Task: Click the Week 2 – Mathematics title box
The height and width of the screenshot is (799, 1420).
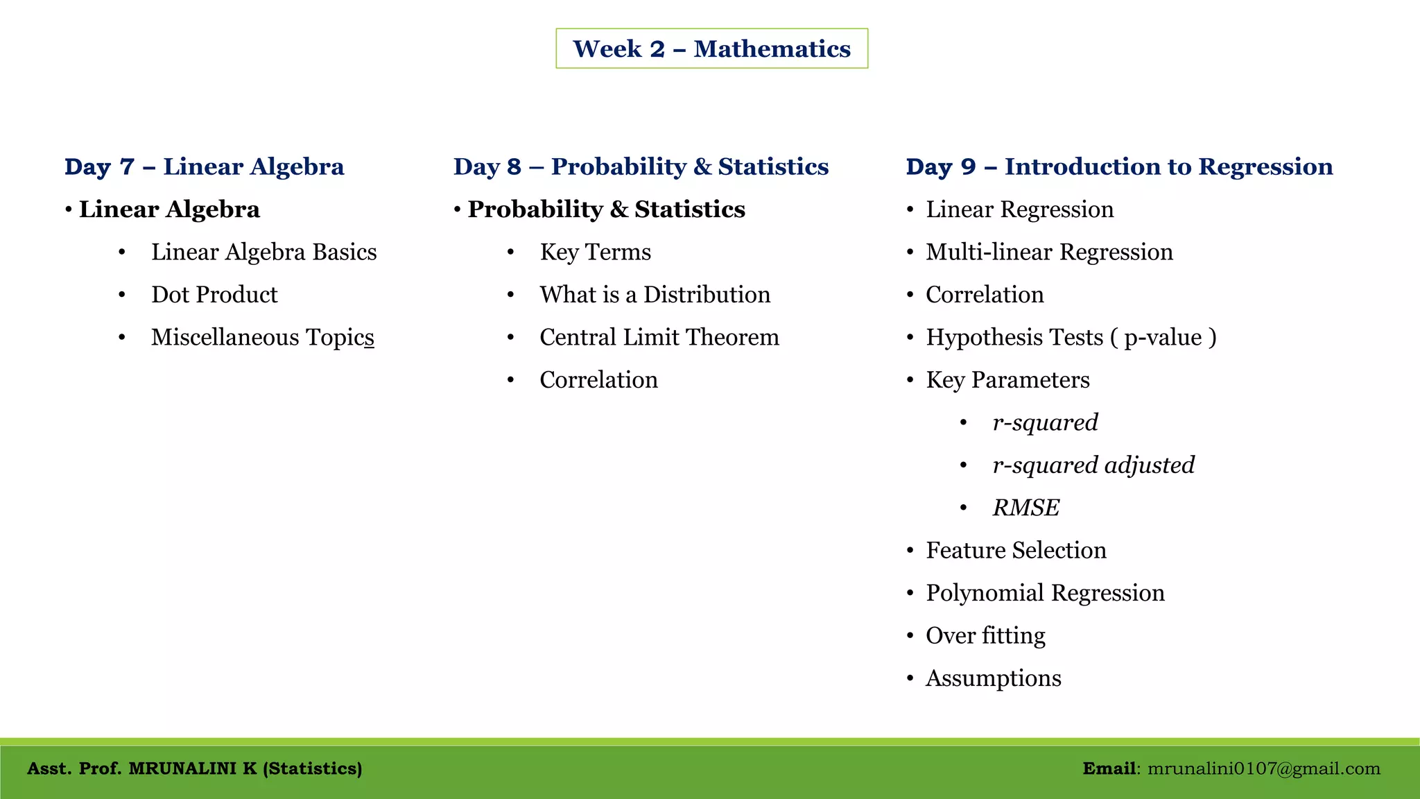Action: (711, 49)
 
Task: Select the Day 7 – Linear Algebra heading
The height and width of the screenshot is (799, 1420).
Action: (204, 166)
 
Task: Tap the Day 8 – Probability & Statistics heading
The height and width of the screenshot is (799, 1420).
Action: (641, 166)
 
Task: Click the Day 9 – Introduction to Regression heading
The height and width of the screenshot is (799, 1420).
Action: (1119, 166)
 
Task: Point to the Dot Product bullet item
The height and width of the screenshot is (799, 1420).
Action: (214, 295)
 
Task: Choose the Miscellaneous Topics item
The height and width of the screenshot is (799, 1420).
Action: (263, 337)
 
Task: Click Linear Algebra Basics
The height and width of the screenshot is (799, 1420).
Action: (264, 252)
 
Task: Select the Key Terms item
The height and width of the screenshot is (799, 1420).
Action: (595, 252)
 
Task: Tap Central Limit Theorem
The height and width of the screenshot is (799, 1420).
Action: (659, 337)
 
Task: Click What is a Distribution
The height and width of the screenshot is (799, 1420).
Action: (655, 295)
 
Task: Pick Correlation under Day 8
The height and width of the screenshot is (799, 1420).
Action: (598, 380)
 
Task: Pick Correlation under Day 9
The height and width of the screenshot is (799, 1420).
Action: (985, 295)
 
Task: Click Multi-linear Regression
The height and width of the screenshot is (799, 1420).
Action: (1049, 252)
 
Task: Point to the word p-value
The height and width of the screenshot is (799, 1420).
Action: (1163, 338)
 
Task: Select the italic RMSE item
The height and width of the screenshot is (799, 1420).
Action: (1025, 508)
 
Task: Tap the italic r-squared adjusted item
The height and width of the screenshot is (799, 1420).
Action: (1093, 465)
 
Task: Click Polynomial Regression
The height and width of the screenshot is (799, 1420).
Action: (1045, 593)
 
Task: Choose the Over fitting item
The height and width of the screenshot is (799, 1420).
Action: (985, 635)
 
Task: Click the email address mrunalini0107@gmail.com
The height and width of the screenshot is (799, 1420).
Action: (1263, 768)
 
